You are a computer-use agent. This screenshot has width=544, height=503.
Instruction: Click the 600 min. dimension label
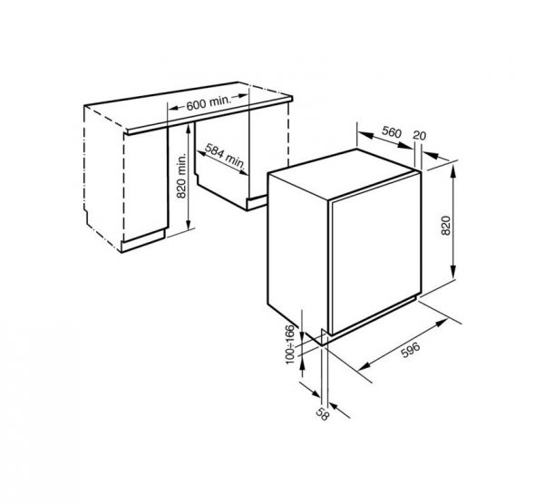tap(209, 103)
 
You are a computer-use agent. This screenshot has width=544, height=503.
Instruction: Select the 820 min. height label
tap(181, 176)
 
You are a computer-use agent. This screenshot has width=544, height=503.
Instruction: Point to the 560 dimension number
tap(392, 131)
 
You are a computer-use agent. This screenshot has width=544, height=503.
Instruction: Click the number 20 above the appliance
tap(419, 136)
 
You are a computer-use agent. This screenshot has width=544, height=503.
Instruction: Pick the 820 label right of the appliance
tap(445, 226)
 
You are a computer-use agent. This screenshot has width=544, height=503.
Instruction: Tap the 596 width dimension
tap(411, 350)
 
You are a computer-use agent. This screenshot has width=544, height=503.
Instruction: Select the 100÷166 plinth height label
tap(290, 344)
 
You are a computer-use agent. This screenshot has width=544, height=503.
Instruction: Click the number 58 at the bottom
tap(322, 414)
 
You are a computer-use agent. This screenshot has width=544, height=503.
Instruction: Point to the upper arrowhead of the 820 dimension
tap(454, 171)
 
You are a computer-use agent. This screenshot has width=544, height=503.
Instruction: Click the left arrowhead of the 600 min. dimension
tap(174, 108)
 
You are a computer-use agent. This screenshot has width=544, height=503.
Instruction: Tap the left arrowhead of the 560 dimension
tap(364, 135)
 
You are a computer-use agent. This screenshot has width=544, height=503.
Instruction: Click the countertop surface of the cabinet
tap(189, 107)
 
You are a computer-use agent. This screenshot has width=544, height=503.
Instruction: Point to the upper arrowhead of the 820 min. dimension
tap(188, 131)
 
